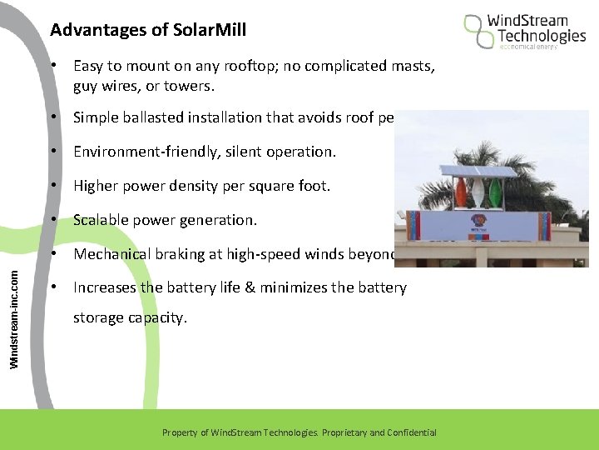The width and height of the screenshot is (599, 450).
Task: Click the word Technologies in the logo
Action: point(542,36)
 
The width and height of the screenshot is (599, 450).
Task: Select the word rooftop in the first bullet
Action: point(260,66)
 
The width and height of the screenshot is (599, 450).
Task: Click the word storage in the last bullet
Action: point(98,317)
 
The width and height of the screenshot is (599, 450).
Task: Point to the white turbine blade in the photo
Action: point(478,192)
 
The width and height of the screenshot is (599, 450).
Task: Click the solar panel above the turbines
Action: point(480,171)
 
